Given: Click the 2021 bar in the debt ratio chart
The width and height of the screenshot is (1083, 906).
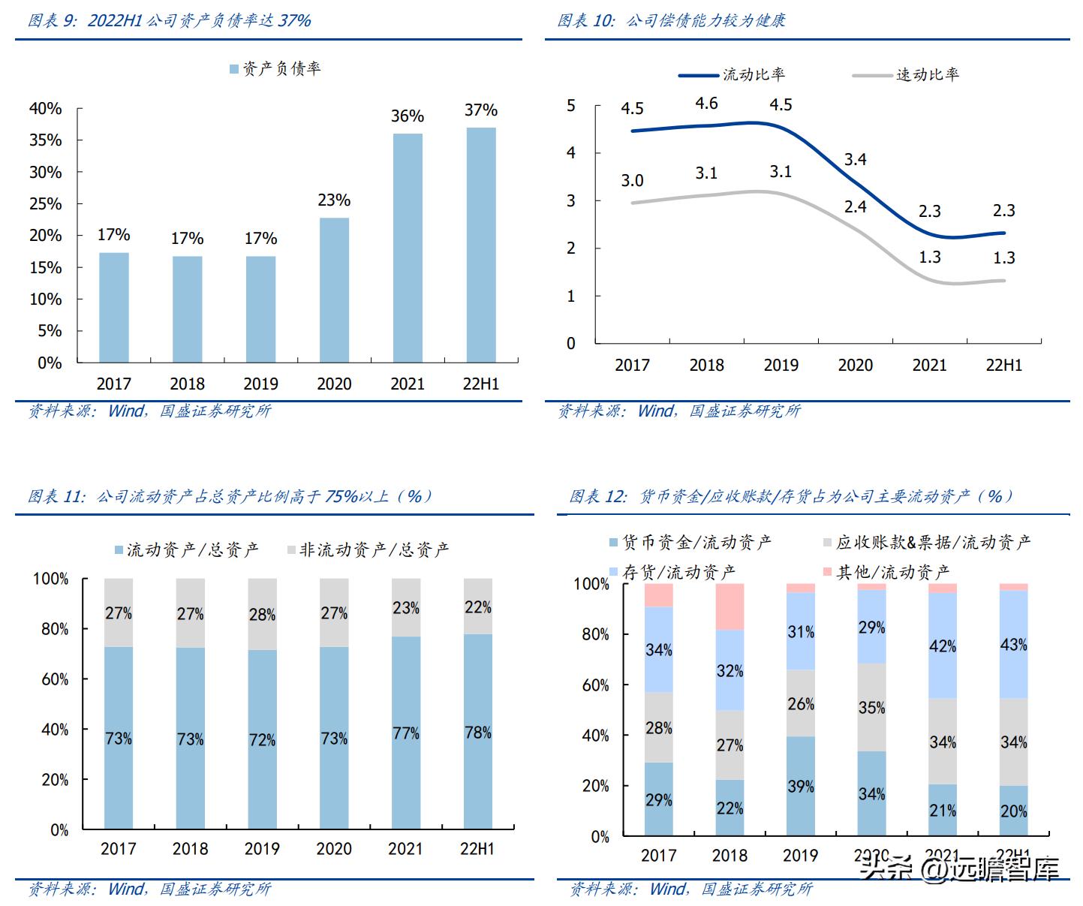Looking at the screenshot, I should coord(408,248).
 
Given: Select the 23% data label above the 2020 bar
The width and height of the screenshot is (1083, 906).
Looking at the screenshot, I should coord(334,200).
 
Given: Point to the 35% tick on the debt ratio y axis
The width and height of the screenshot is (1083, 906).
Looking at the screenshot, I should coord(46,140).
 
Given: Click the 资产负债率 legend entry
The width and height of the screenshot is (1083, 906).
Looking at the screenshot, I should coord(275,69).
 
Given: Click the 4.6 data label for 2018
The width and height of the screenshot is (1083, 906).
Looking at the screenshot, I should coord(706,104).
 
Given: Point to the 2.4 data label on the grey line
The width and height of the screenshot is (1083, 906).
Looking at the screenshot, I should coord(855,206).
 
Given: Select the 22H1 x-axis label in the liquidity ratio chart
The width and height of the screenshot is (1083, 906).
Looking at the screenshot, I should coord(1003,366).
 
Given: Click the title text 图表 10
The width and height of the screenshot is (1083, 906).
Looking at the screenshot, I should coord(585,21).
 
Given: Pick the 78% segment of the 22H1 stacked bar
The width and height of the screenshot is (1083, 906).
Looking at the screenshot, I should coord(477,732).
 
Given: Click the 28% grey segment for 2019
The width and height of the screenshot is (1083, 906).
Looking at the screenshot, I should coord(262,615).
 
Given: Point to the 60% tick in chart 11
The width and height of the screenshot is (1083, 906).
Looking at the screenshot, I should coord(55,679).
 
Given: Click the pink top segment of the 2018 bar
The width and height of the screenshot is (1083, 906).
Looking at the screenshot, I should coord(730,607).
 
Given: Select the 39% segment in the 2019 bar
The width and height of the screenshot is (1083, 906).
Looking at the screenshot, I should coord(801,786).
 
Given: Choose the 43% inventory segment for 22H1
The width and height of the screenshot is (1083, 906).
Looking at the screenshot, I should coord(1013,645).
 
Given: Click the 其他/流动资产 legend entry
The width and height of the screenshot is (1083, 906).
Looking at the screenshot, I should coord(886,573).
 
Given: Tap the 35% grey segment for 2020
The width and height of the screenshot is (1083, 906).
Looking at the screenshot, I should coord(871,707).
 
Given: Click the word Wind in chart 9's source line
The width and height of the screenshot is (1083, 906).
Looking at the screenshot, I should coord(126,411).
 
